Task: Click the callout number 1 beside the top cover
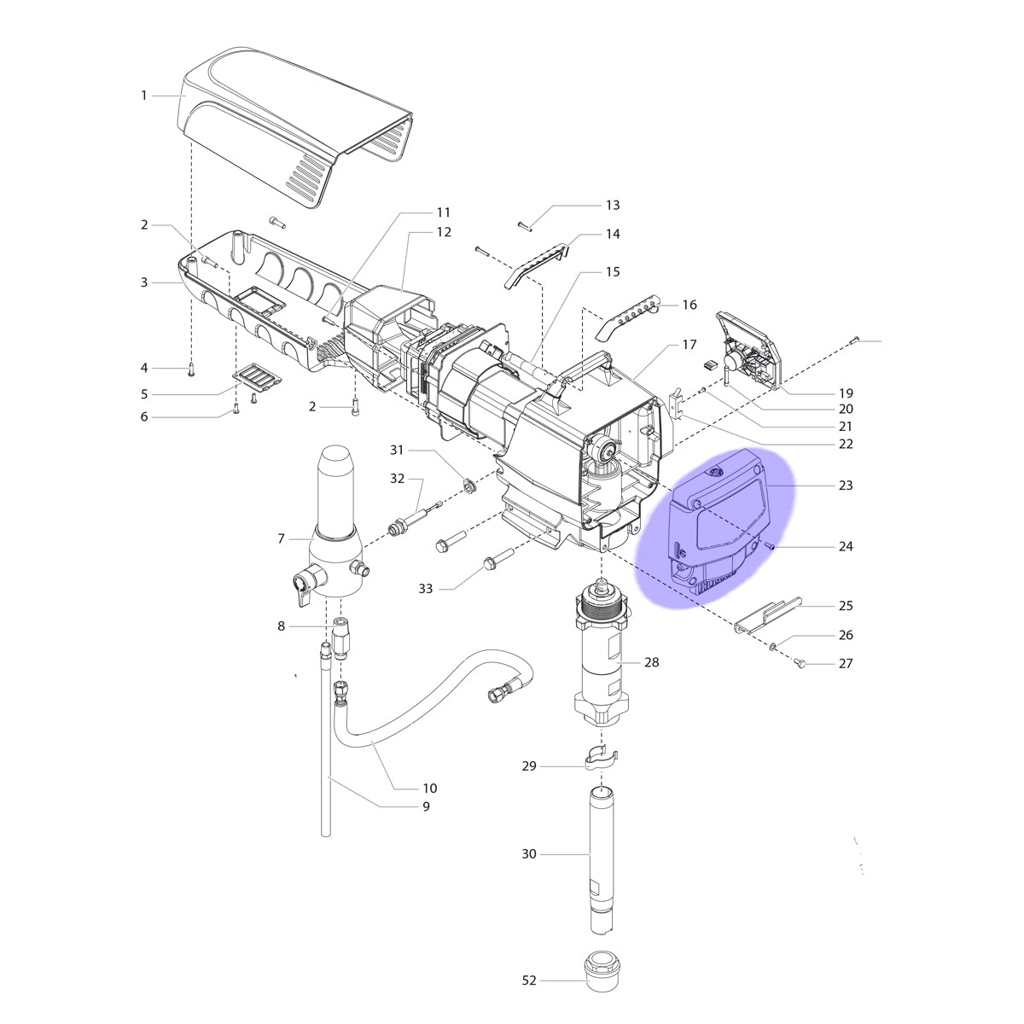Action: [x=143, y=96]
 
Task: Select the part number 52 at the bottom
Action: [x=529, y=980]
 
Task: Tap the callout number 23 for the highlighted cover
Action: [x=846, y=486]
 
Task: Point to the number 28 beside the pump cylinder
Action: [x=651, y=662]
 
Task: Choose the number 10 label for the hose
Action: [x=430, y=788]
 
